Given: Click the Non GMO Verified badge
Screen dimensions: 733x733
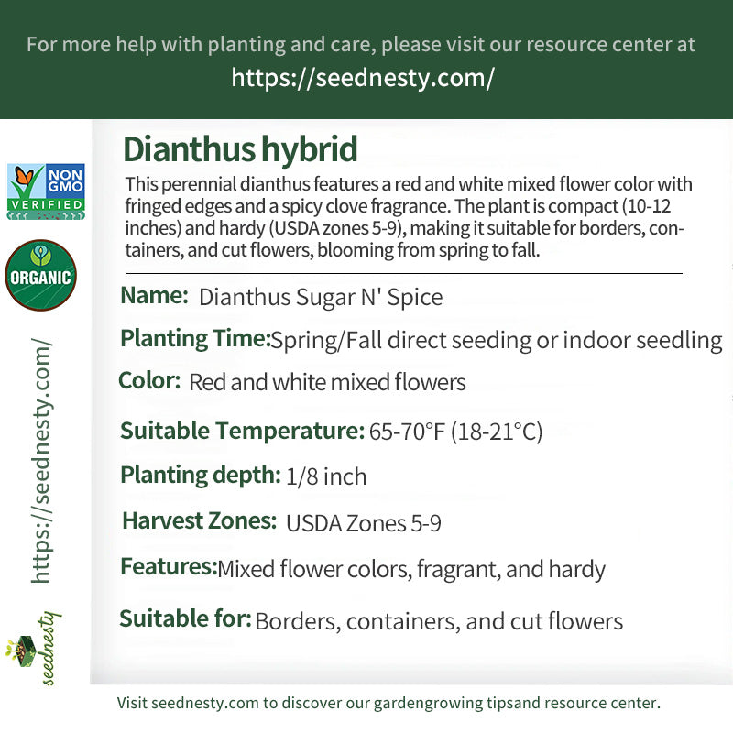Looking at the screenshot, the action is pyautogui.click(x=46, y=191).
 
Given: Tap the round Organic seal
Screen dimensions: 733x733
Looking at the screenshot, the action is pyautogui.click(x=40, y=276).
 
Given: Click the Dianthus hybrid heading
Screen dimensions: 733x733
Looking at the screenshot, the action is pyautogui.click(x=240, y=149).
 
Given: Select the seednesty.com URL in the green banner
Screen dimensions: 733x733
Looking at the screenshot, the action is pyautogui.click(x=363, y=78).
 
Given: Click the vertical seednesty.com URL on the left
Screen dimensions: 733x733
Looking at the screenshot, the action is pyautogui.click(x=41, y=461).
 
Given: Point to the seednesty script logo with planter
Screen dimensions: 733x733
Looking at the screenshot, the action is pyautogui.click(x=34, y=648).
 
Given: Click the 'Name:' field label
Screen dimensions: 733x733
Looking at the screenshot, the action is pyautogui.click(x=154, y=295).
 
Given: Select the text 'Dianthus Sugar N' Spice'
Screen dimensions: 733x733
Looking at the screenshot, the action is pyautogui.click(x=321, y=297).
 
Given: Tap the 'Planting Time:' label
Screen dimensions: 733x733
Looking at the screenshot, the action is pyautogui.click(x=195, y=338).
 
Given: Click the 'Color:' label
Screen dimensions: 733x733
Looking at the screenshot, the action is pyautogui.click(x=149, y=380).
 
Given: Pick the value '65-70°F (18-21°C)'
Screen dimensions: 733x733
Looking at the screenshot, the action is pyautogui.click(x=455, y=431).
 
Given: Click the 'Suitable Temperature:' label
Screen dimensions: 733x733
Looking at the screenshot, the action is pyautogui.click(x=242, y=431).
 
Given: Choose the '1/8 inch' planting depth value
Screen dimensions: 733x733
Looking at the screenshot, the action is pyautogui.click(x=326, y=476).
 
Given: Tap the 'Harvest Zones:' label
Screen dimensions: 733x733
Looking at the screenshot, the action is pyautogui.click(x=199, y=520).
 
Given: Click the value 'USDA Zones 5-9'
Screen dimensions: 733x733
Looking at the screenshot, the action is pyautogui.click(x=364, y=523).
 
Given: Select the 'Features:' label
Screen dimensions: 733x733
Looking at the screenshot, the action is pyautogui.click(x=169, y=566).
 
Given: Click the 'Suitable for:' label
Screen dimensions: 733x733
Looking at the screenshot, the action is pyautogui.click(x=186, y=619).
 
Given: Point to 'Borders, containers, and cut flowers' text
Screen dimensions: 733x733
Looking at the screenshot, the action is pyautogui.click(x=439, y=622).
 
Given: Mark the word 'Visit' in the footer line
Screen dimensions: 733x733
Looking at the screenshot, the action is pyautogui.click(x=132, y=703).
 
